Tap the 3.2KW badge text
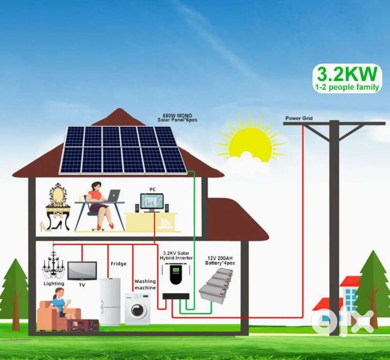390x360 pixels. (347, 73)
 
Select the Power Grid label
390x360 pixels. (299, 118)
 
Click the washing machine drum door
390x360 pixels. (137, 310)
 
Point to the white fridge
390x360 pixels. (110, 301)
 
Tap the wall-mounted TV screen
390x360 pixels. (82, 270)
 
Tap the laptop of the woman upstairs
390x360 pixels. (113, 195)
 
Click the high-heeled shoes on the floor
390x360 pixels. (51, 225)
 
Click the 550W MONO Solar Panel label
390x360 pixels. (177, 118)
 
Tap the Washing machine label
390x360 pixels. (145, 284)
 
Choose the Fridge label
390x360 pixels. (119, 264)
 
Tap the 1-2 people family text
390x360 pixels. (347, 87)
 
